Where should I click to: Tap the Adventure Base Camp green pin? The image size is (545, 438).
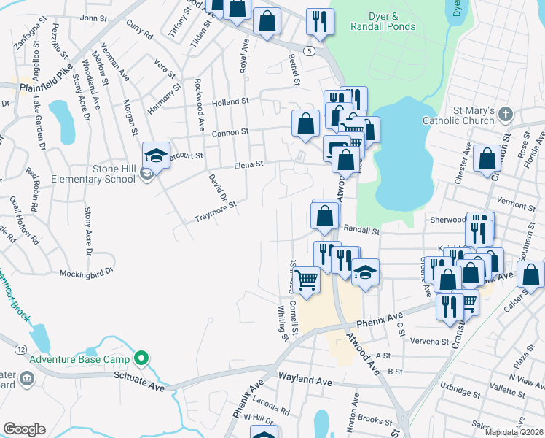pyautogui.click(x=143, y=358)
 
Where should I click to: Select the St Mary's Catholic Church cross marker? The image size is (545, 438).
pyautogui.click(x=507, y=115)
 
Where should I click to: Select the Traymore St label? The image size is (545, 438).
pyautogui.click(x=216, y=212)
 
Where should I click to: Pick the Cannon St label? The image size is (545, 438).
pyautogui.click(x=231, y=132)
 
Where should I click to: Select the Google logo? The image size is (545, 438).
pyautogui.click(x=24, y=429)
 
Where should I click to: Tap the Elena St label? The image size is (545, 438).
pyautogui.click(x=248, y=166)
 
